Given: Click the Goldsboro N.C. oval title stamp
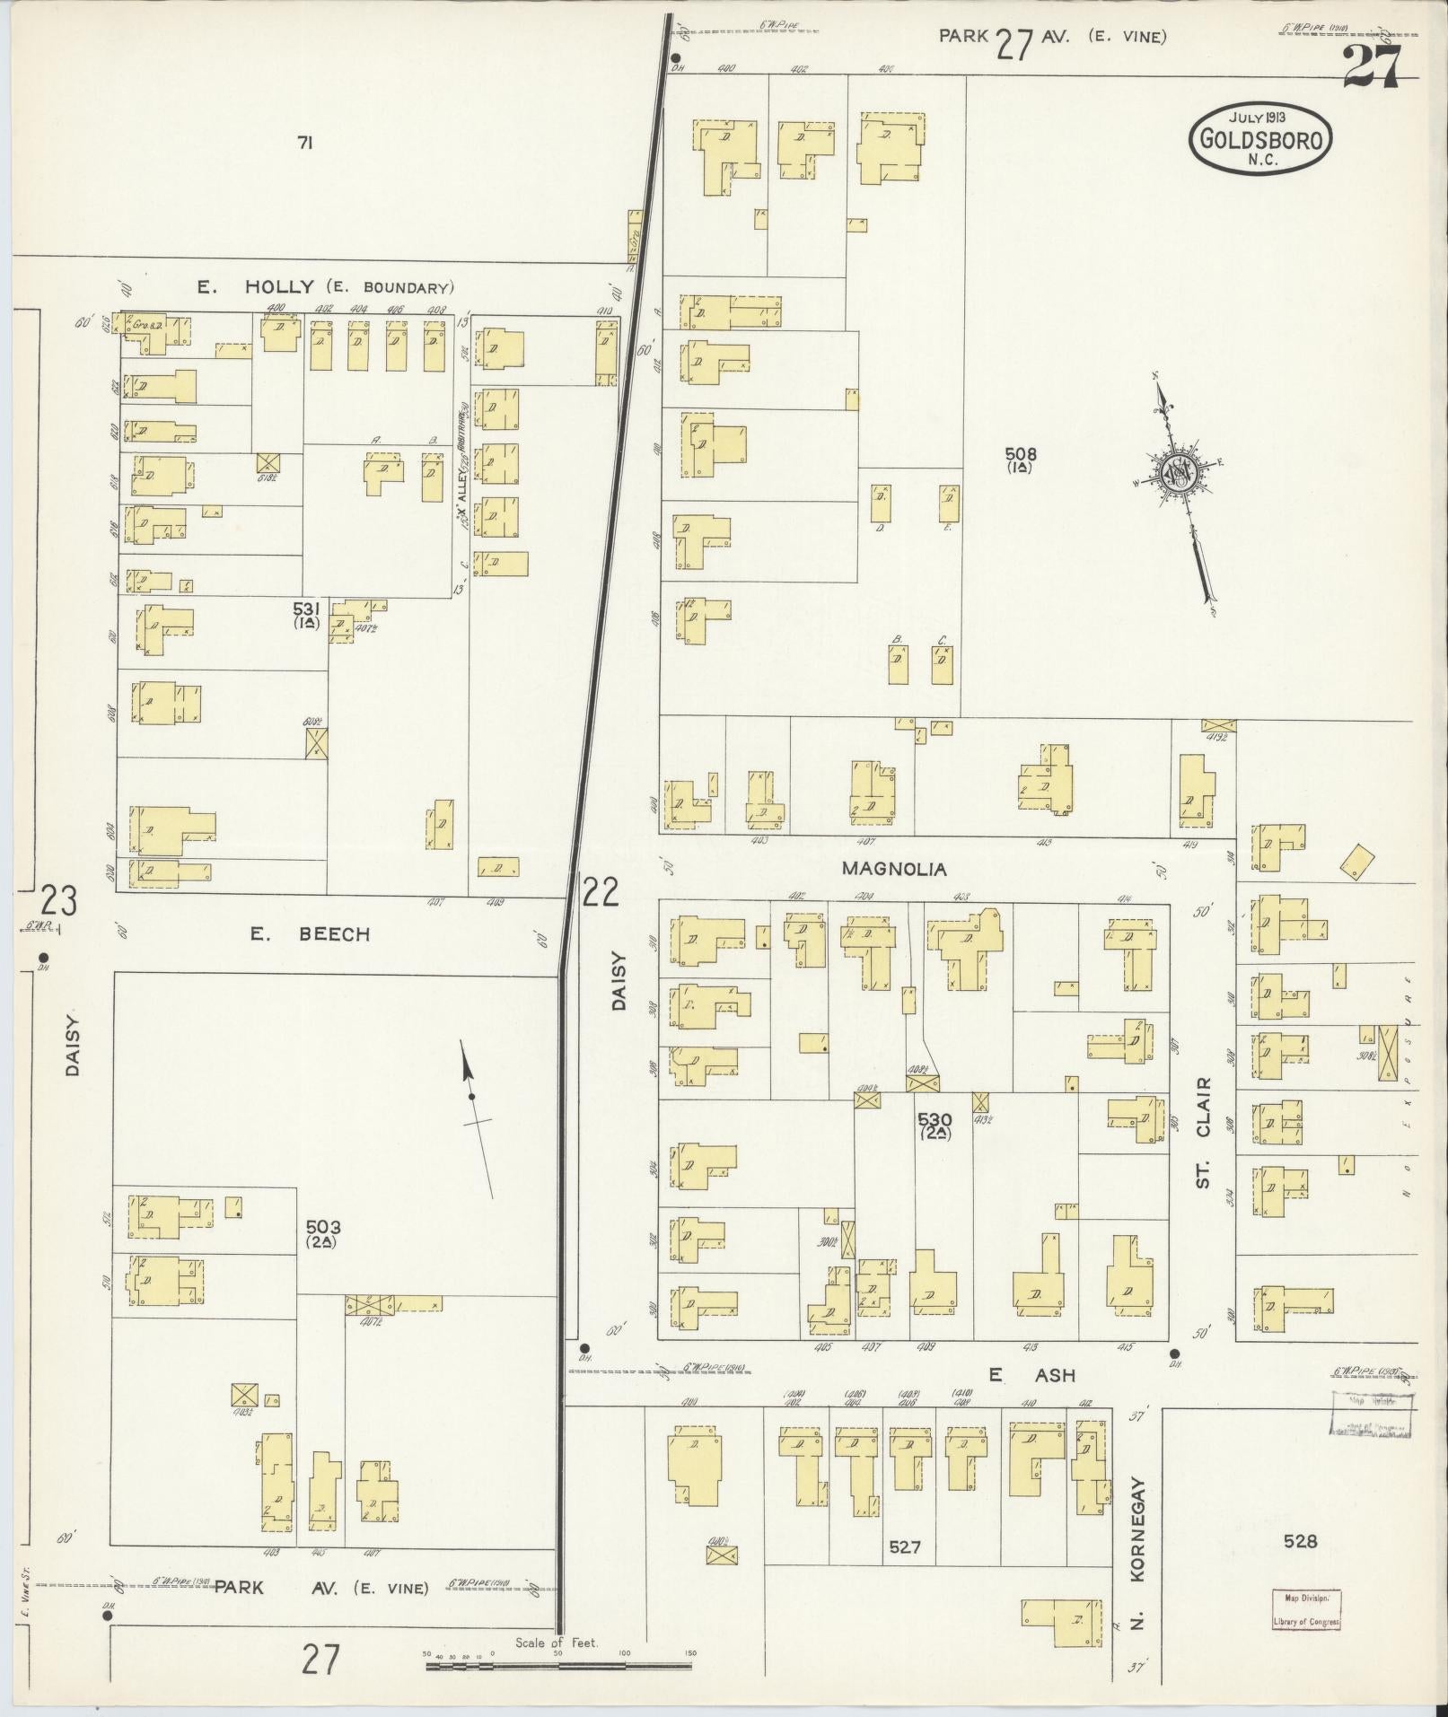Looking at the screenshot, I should [x=1259, y=138].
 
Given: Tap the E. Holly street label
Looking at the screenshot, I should [x=256, y=287].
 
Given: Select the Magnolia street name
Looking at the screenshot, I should [x=894, y=869].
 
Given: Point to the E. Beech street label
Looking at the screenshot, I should [x=310, y=934].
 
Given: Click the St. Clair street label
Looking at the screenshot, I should [x=1205, y=1133].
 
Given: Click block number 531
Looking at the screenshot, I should [x=306, y=609].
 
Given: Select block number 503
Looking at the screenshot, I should [x=322, y=1226].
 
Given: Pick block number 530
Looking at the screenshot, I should [x=935, y=1119].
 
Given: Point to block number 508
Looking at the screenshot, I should [x=1021, y=454].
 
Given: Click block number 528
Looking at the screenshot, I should [x=1300, y=1541].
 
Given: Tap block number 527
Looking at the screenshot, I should [x=905, y=1547].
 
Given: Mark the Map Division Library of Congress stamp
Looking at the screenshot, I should [x=1306, y=1609].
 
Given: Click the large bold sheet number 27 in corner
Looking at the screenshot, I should [x=1371, y=67].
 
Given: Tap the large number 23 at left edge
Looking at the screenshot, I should [x=59, y=900].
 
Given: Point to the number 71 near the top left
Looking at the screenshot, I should [x=304, y=142].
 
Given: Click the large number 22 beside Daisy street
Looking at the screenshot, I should [x=601, y=891].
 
